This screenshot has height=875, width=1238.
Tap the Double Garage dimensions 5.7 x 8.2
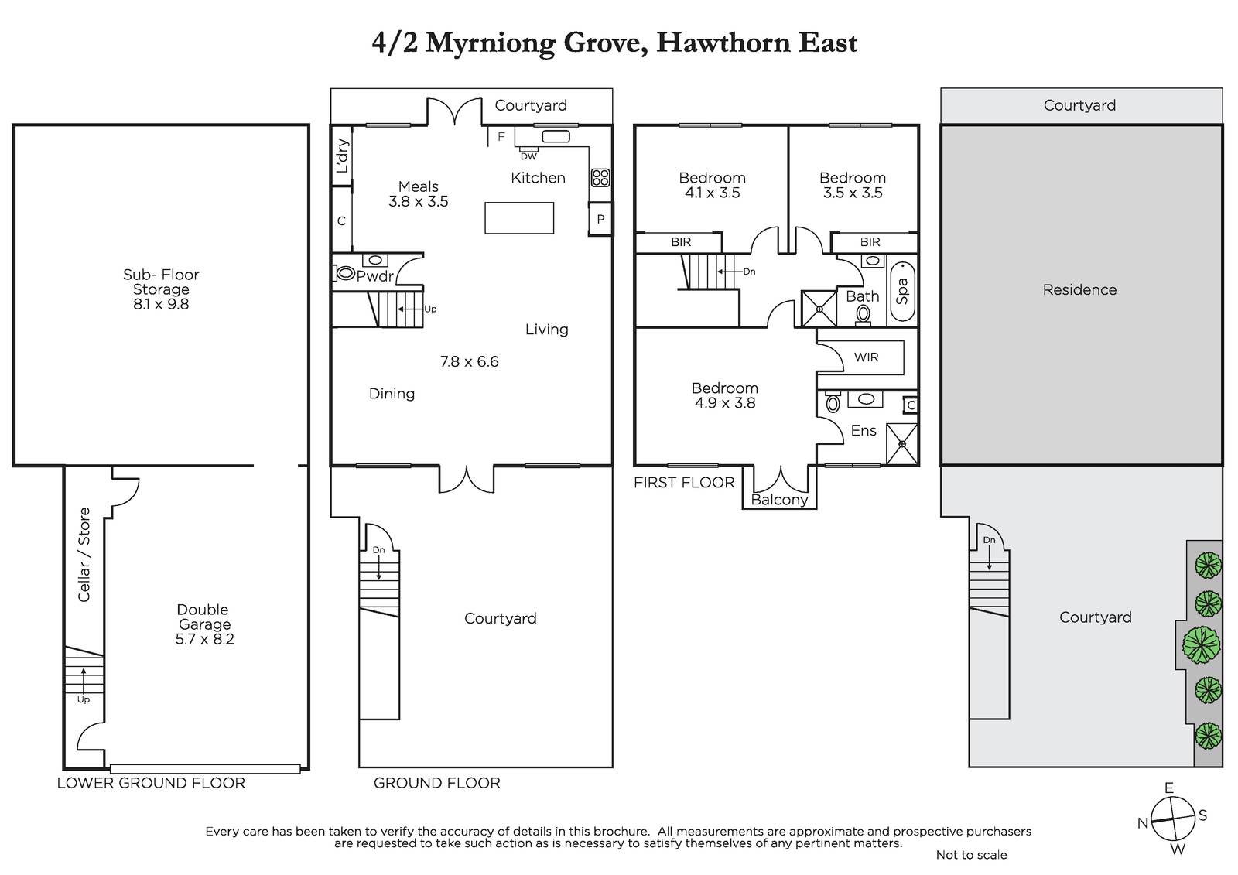pyautogui.click(x=204, y=640)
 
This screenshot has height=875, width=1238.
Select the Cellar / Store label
pyautogui.click(x=84, y=555)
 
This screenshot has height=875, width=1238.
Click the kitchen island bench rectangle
pyautogui.click(x=519, y=217)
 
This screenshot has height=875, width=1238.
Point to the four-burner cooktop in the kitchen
pyautogui.click(x=600, y=177)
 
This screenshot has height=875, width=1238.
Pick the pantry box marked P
pyautogui.click(x=600, y=220)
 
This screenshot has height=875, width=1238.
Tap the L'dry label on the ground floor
pyautogui.click(x=343, y=156)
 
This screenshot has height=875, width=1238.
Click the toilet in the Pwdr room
pyautogui.click(x=344, y=272)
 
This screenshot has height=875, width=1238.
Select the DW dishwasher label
pyautogui.click(x=529, y=156)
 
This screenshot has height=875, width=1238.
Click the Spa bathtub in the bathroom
pyautogui.click(x=902, y=292)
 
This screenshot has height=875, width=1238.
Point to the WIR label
pyautogui.click(x=866, y=357)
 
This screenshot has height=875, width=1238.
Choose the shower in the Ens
pyautogui.click(x=902, y=444)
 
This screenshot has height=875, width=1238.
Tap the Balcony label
pyautogui.click(x=779, y=500)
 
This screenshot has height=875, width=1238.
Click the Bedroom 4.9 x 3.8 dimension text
pyautogui.click(x=725, y=403)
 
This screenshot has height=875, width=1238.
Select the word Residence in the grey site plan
pyautogui.click(x=1079, y=289)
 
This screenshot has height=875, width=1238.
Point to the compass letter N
pyautogui.click(x=1143, y=824)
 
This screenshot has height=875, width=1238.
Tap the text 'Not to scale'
pyautogui.click(x=972, y=855)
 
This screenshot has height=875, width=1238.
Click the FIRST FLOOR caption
pyautogui.click(x=684, y=483)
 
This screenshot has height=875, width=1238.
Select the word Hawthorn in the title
pyautogui.click(x=723, y=43)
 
